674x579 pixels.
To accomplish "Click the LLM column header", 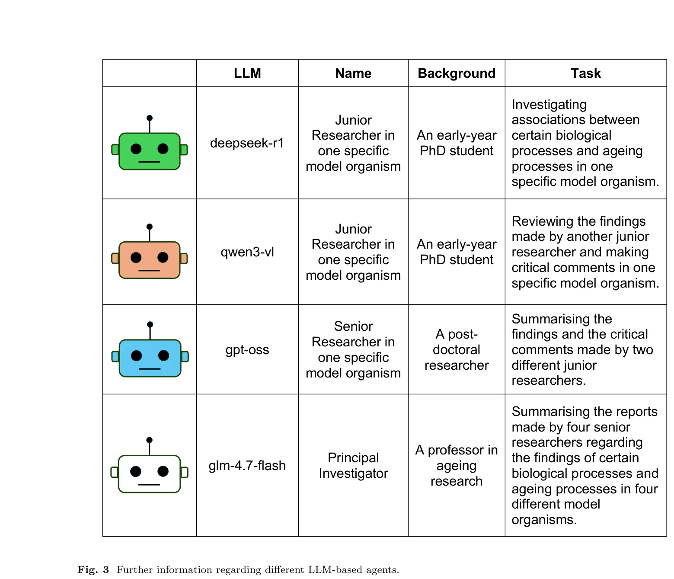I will coord(247,74).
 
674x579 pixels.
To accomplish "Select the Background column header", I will coord(457,74).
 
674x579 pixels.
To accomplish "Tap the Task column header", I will coord(585,74).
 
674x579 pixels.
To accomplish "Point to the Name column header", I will coord(353,74).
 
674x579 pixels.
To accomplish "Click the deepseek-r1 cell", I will coord(247,143).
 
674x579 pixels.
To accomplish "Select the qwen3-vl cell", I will coord(247,252).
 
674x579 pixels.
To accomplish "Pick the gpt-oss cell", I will coord(247,350).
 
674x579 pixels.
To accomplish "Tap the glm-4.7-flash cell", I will coord(247,466).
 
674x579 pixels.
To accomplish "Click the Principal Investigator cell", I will coord(353,466).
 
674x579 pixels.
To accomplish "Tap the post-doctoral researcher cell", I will coord(457,350).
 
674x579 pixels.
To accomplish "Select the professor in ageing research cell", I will coord(457,466).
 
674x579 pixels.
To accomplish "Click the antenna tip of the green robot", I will coord(150,118).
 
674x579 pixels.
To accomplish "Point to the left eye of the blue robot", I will coord(136,355).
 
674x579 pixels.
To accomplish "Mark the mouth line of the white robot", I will coord(149,485).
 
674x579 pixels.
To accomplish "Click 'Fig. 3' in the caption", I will coord(93,569).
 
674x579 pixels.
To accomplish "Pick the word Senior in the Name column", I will coord(353,326).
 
